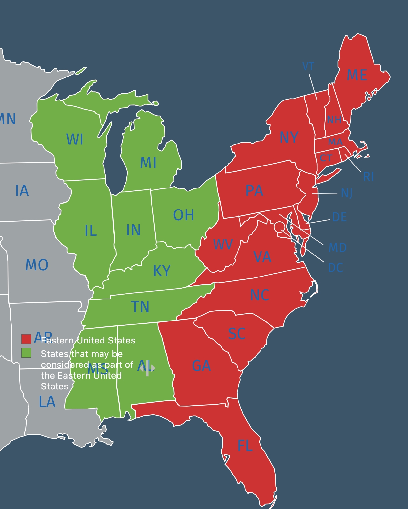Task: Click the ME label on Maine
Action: click(357, 75)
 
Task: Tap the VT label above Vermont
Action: click(308, 67)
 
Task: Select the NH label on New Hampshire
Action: click(334, 120)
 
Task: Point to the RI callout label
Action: click(368, 177)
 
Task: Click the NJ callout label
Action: click(347, 193)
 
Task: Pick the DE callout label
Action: click(339, 217)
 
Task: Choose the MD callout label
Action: click(337, 248)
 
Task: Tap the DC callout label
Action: click(335, 268)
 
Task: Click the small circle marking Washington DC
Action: click(279, 227)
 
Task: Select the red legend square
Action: click(26, 339)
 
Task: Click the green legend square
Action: click(26, 353)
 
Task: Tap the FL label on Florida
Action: click(245, 446)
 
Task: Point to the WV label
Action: click(223, 244)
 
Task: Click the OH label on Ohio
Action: click(183, 215)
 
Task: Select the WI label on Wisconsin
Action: click(75, 140)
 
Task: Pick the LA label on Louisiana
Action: click(47, 402)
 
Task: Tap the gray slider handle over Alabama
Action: click(147, 368)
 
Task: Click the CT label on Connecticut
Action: click(326, 158)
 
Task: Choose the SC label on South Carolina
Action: click(237, 334)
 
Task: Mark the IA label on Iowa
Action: click(22, 191)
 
